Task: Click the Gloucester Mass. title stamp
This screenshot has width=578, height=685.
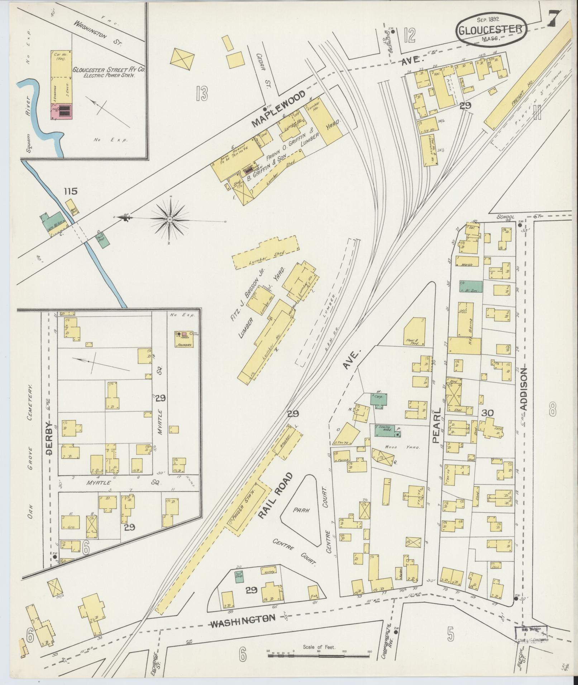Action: [x=491, y=29]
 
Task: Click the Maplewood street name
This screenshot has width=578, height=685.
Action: [x=278, y=109]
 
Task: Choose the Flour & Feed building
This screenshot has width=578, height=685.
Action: [x=415, y=332]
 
